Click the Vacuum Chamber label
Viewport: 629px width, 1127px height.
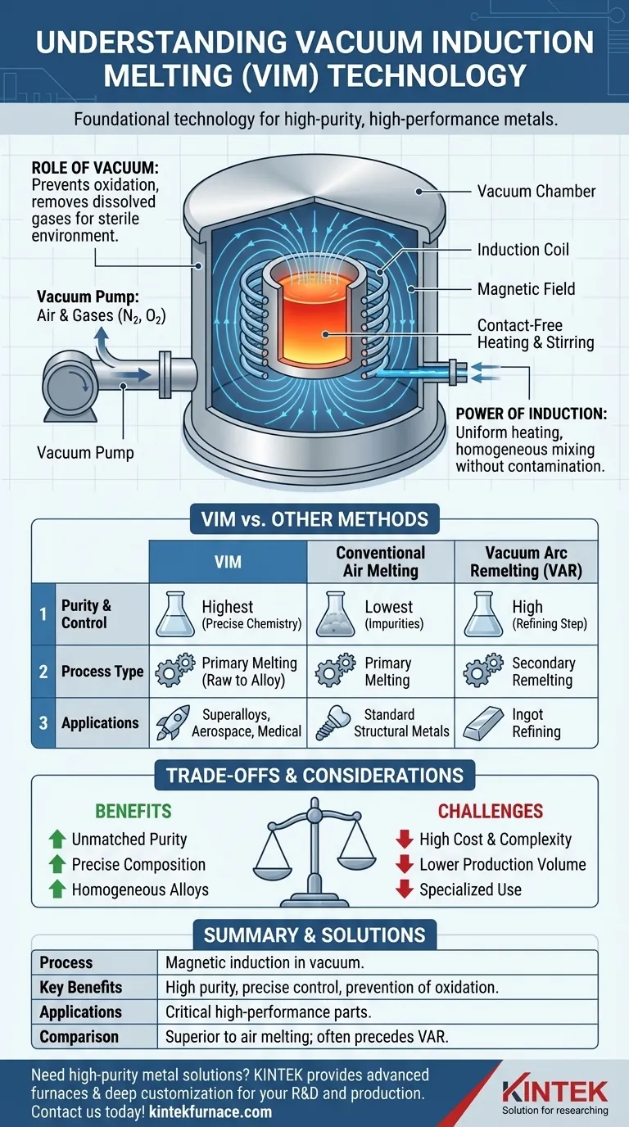point(536,192)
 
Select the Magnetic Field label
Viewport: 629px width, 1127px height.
point(526,288)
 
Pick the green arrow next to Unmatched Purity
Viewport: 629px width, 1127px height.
point(57,840)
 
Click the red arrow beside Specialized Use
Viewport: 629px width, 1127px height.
point(403,889)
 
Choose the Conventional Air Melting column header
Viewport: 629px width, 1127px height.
point(381,562)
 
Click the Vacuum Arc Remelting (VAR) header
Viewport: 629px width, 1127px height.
point(527,562)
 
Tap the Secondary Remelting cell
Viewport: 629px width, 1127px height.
point(543,672)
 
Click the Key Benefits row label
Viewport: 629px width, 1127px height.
point(80,987)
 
